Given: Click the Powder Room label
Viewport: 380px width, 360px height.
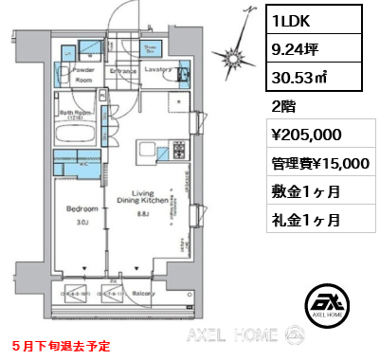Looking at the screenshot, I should (x=81, y=74).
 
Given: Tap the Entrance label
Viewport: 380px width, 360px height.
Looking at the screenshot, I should (x=124, y=69).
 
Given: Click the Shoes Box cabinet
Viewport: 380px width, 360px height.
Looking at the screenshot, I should (x=149, y=48).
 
